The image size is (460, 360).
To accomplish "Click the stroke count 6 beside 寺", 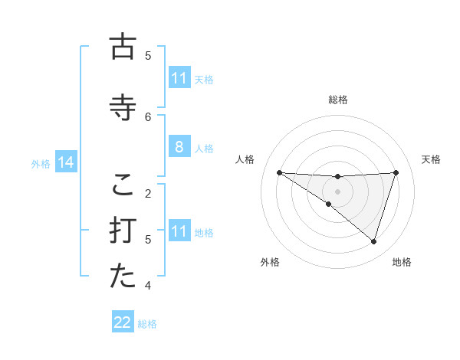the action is (x=148, y=116).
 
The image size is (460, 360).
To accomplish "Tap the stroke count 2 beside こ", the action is (x=148, y=193).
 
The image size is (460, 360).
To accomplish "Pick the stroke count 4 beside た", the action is (x=148, y=286).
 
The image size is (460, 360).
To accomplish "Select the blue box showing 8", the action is (x=179, y=148).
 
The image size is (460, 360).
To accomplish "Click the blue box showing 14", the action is (x=65, y=162).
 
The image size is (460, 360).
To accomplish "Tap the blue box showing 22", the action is (x=123, y=323).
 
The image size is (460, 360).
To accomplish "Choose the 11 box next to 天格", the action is (x=179, y=78).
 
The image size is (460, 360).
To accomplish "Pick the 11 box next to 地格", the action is (x=179, y=232).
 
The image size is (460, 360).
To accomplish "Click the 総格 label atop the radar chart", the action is (x=337, y=100).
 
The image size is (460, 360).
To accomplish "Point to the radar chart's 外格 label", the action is (x=270, y=262).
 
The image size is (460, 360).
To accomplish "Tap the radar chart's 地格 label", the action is (x=402, y=262).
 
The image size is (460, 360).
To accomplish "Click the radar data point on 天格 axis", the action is (x=396, y=172).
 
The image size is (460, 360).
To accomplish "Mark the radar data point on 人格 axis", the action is (x=279, y=172).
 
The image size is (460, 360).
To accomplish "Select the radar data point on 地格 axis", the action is (x=373, y=241).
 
